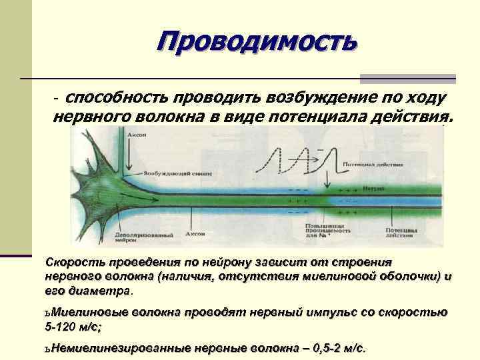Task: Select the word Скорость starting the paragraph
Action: pos(75,262)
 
